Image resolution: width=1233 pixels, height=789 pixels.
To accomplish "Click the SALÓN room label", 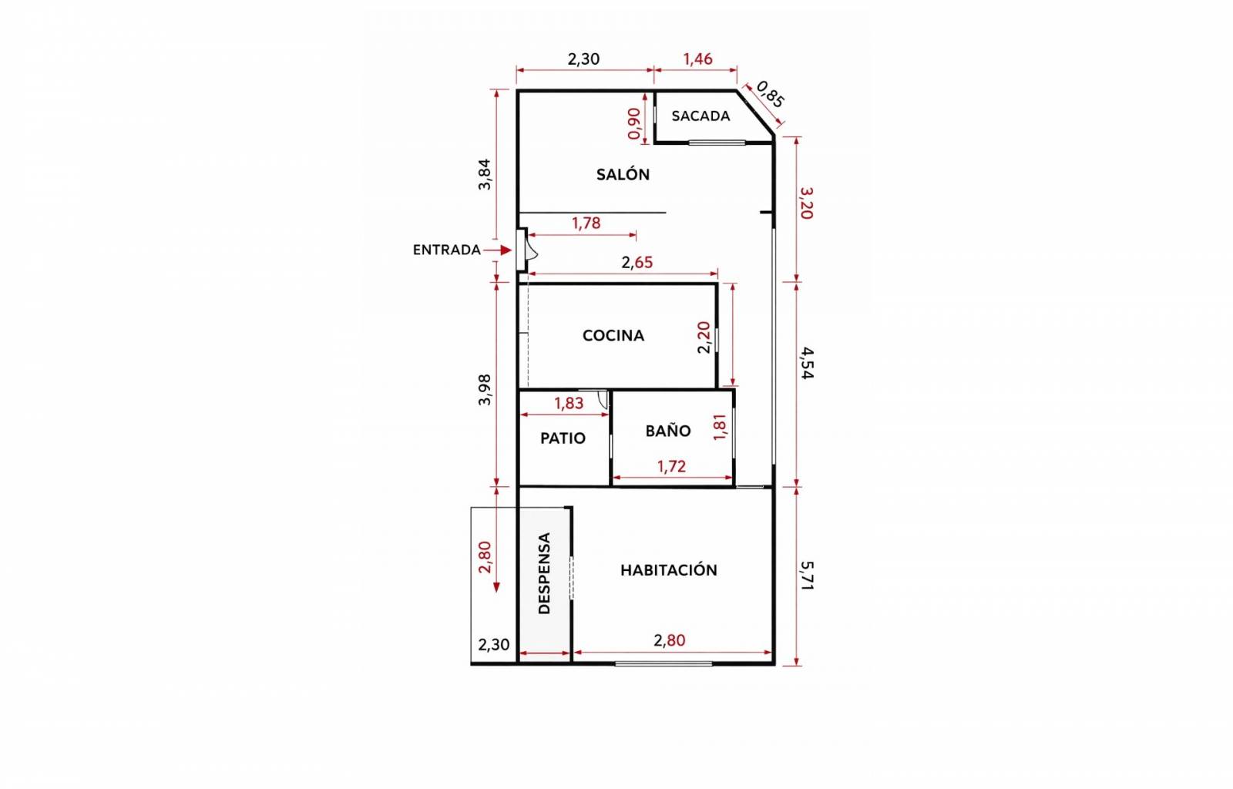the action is click(x=623, y=174).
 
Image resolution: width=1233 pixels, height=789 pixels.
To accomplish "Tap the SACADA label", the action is click(x=700, y=116).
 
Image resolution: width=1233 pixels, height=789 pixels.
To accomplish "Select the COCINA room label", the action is click(x=613, y=335).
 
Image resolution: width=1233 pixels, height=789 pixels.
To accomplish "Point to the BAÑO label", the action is click(x=667, y=430).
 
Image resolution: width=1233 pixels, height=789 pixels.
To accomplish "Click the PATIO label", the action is click(x=563, y=438).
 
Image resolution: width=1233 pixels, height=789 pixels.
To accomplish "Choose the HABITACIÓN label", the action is click(x=669, y=569).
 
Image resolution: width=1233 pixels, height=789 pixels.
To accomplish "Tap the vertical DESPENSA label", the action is click(x=544, y=572).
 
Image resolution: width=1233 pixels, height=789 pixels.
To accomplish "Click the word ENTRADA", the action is click(x=446, y=250).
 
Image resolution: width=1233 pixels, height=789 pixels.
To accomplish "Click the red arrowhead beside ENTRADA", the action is click(x=506, y=250).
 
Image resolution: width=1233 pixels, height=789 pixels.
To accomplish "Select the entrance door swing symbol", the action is click(x=532, y=250).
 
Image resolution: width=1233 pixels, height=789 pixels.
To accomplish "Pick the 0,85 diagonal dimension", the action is click(x=770, y=94).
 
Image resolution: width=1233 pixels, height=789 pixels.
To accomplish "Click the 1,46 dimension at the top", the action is click(x=697, y=59).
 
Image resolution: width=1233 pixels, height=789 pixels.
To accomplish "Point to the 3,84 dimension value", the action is click(x=485, y=174).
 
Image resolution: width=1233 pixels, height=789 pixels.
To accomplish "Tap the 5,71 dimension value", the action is click(x=806, y=576).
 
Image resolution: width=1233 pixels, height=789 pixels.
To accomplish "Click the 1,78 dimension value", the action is click(x=586, y=223).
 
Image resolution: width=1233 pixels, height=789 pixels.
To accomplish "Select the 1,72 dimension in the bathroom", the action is click(x=671, y=467).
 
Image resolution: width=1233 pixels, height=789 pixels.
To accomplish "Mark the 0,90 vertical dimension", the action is click(x=634, y=124).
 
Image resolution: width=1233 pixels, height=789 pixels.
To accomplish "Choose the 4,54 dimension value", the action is click(x=806, y=363).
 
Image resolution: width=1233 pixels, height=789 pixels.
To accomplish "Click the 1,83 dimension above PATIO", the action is click(x=569, y=403).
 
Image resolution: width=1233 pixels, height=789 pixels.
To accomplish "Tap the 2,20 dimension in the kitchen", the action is click(x=704, y=337).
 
